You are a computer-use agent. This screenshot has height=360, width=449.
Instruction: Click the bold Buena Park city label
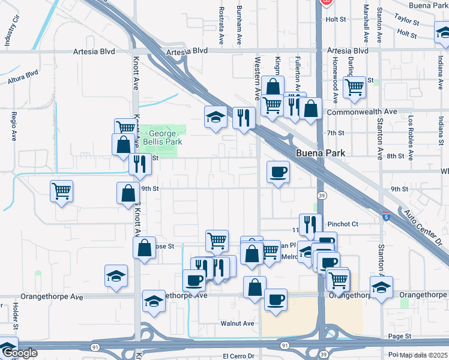click(320, 153)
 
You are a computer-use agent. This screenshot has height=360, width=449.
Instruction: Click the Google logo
click(20, 353)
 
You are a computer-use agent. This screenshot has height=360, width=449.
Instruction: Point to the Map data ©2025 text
click(424, 355)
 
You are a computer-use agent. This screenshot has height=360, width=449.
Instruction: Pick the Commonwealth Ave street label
click(361, 112)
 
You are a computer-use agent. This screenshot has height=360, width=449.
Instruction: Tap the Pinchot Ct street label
click(342, 224)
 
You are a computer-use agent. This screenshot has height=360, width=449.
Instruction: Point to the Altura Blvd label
click(23, 76)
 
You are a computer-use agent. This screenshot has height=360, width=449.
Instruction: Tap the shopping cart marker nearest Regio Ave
click(61, 191)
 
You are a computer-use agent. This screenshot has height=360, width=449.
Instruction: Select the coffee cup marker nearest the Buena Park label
click(278, 172)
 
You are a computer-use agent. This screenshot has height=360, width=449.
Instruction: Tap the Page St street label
click(399, 337)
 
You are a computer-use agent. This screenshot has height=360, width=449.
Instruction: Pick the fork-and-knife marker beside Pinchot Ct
click(310, 224)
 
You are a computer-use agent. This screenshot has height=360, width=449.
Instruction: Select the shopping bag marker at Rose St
click(144, 248)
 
